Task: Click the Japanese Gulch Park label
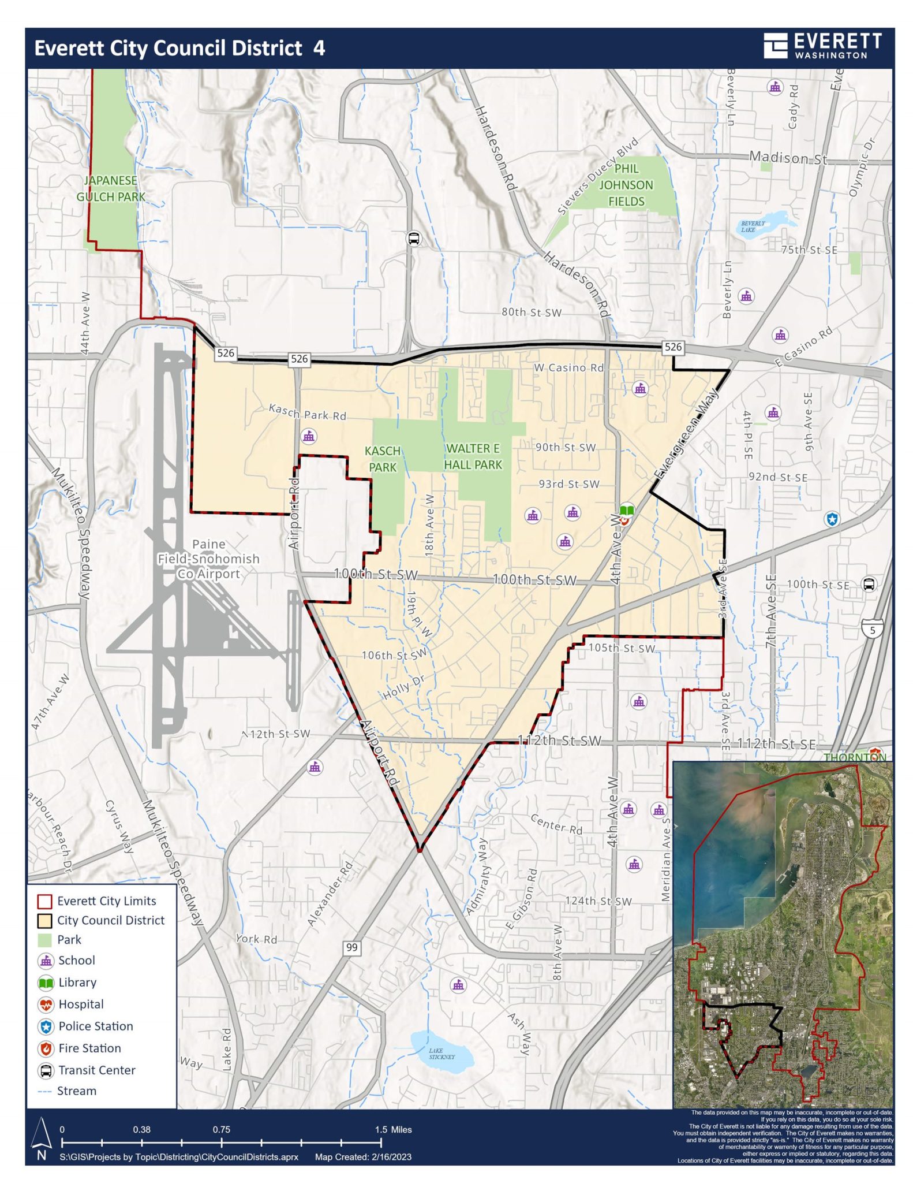pyautogui.click(x=111, y=188)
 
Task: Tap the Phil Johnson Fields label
pyautogui.click(x=626, y=185)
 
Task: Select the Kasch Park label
pyautogui.click(x=382, y=459)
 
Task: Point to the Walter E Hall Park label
pyautogui.click(x=473, y=456)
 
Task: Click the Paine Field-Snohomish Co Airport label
pyautogui.click(x=208, y=559)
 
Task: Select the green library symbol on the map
pyautogui.click(x=627, y=511)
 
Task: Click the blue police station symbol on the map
pyautogui.click(x=832, y=519)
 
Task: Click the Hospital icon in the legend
pyautogui.click(x=46, y=1005)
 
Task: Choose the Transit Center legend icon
pyautogui.click(x=46, y=1070)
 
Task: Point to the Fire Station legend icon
pyautogui.click(x=46, y=1048)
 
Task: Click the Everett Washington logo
pyautogui.click(x=822, y=46)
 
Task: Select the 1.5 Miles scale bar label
pyautogui.click(x=394, y=1129)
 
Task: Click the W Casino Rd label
pyautogui.click(x=568, y=367)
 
